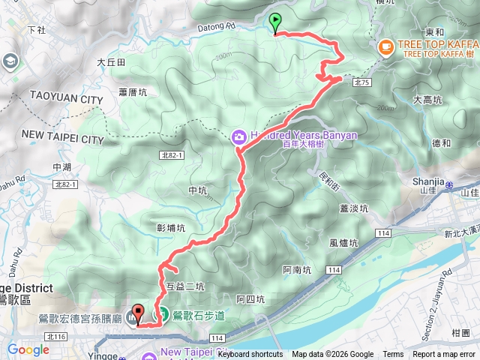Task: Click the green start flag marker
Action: (275, 22)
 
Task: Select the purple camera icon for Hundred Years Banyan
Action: (238, 136)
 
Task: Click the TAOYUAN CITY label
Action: (66, 98)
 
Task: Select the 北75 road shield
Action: (362, 81)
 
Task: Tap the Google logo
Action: (28, 349)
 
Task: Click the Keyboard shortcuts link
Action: (250, 355)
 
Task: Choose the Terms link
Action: (393, 355)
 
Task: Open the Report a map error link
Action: (445, 355)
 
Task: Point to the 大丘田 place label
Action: (110, 63)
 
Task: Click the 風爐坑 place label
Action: (343, 242)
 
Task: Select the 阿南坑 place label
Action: (297, 270)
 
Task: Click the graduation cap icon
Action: (10, 61)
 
